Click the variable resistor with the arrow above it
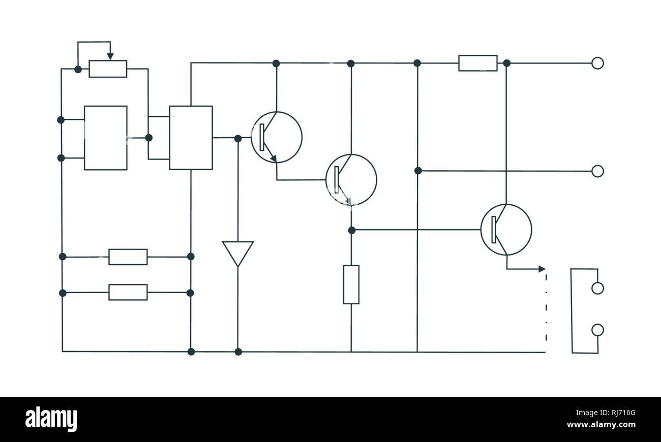tap(108, 69)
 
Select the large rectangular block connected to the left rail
tap(105, 138)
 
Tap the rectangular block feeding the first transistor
tap(191, 138)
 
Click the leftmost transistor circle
tap(277, 137)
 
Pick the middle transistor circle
tap(351, 179)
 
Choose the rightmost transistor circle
tap(506, 230)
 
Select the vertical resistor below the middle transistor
tap(351, 285)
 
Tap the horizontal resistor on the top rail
tap(477, 63)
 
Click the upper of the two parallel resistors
tap(128, 257)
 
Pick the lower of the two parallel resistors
tap(128, 292)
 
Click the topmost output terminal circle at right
tap(597, 63)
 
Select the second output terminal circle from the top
tap(597, 171)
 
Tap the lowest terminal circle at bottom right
tap(597, 330)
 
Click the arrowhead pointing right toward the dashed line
tap(542, 269)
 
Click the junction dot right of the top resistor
tap(506, 63)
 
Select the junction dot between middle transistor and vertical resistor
tap(351, 230)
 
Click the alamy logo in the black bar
tap(51, 419)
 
